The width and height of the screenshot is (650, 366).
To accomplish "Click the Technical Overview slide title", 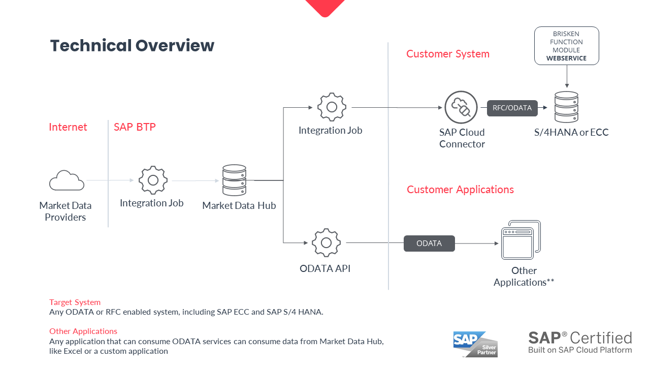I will pyautogui.click(x=132, y=46).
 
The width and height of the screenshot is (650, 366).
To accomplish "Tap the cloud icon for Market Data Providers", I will pyautogui.click(x=67, y=180).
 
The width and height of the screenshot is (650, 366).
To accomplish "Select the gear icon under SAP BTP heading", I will pyautogui.click(x=153, y=180).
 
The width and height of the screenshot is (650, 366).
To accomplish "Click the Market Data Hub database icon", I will pyautogui.click(x=235, y=180).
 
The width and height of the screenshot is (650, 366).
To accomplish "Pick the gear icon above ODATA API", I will pyautogui.click(x=326, y=243).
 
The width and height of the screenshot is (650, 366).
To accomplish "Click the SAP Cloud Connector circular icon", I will pyautogui.click(x=461, y=108).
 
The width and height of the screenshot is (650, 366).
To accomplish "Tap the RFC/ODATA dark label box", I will pyautogui.click(x=512, y=108).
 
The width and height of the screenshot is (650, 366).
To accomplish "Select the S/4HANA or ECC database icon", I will pyautogui.click(x=566, y=107).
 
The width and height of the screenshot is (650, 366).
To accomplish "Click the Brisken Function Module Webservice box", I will pyautogui.click(x=567, y=46).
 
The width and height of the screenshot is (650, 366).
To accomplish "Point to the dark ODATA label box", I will pyautogui.click(x=429, y=243).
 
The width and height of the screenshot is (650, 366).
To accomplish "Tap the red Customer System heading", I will pyautogui.click(x=448, y=54).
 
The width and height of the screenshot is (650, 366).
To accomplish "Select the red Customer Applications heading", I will pyautogui.click(x=460, y=190).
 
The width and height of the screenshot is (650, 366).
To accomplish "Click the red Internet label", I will pyautogui.click(x=68, y=127).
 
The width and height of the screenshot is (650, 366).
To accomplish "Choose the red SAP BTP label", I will pyautogui.click(x=135, y=127).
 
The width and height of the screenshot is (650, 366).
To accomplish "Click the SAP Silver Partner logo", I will pyautogui.click(x=475, y=344).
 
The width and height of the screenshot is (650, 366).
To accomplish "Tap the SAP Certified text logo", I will pyautogui.click(x=580, y=342).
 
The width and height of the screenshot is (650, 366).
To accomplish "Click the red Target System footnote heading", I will pyautogui.click(x=75, y=302).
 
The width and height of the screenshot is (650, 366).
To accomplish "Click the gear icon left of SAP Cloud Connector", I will pyautogui.click(x=332, y=107).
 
